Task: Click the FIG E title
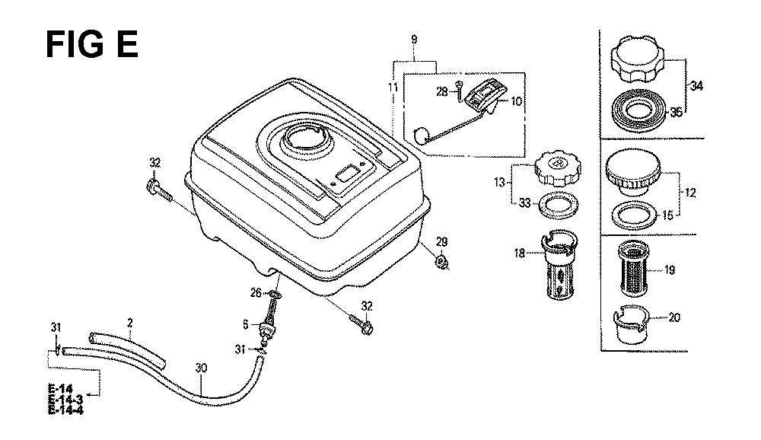point(92,44)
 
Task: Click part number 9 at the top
point(414,40)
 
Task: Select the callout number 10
point(517,101)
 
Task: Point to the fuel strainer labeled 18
point(559,265)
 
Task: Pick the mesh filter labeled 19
point(633,269)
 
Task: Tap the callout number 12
point(689,193)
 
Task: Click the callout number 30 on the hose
point(201,368)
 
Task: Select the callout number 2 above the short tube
point(129,323)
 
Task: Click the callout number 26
point(256,293)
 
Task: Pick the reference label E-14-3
point(65,399)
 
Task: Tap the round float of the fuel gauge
point(420,136)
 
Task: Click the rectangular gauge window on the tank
point(349,174)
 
